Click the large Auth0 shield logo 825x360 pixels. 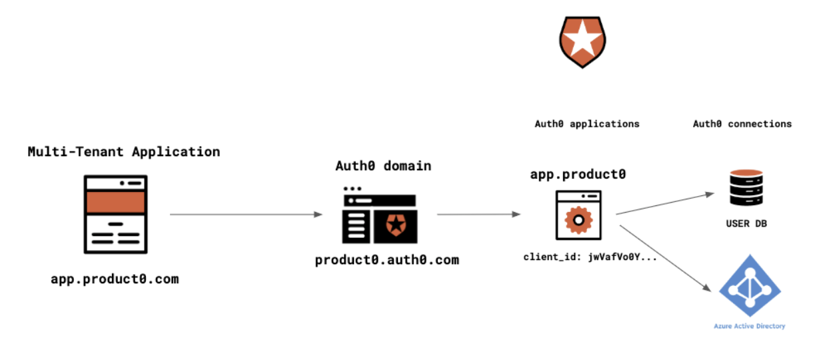(582, 42)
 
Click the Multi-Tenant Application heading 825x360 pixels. (124, 152)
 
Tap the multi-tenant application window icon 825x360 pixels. (116, 214)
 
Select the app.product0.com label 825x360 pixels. (115, 279)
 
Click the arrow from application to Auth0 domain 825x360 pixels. (246, 214)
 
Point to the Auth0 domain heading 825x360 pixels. (383, 166)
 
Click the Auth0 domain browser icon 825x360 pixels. (380, 215)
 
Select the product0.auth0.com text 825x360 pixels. (387, 260)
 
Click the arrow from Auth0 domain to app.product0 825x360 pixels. (478, 214)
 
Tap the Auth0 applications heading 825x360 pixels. (587, 124)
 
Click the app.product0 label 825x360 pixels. (578, 174)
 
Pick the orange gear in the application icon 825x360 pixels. (578, 221)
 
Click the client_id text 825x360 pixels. (590, 257)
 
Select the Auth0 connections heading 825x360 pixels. (742, 124)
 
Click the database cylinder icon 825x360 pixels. (746, 187)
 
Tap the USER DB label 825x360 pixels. (746, 223)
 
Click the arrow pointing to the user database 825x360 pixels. (665, 203)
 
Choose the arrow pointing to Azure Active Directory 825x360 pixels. (666, 258)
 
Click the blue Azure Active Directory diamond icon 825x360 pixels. (750, 285)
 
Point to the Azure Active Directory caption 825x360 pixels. (750, 326)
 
